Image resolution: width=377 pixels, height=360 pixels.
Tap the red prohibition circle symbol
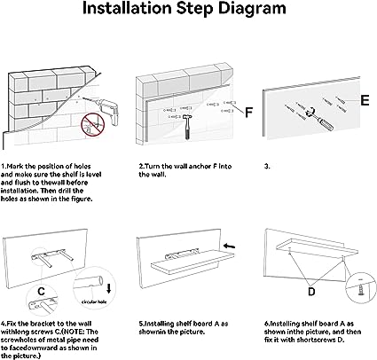tap(93, 125)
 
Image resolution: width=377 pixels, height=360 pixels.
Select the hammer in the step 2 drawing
tap(187, 126)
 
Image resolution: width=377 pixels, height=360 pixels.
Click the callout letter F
tap(249, 113)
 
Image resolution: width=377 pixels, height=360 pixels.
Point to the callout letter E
tap(365, 100)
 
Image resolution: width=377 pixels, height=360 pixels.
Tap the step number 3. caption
tap(267, 167)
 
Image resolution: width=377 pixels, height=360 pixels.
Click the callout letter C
tap(41, 292)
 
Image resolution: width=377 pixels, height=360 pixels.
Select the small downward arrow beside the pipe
tap(109, 288)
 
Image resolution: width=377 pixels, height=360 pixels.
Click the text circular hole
tap(94, 302)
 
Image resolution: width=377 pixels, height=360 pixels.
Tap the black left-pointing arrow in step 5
tap(230, 246)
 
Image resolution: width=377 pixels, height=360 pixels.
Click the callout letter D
tap(311, 292)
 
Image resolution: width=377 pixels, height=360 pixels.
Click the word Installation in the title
tap(127, 8)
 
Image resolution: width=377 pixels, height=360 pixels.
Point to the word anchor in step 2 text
tap(201, 167)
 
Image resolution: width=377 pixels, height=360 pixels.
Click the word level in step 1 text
tap(94, 175)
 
